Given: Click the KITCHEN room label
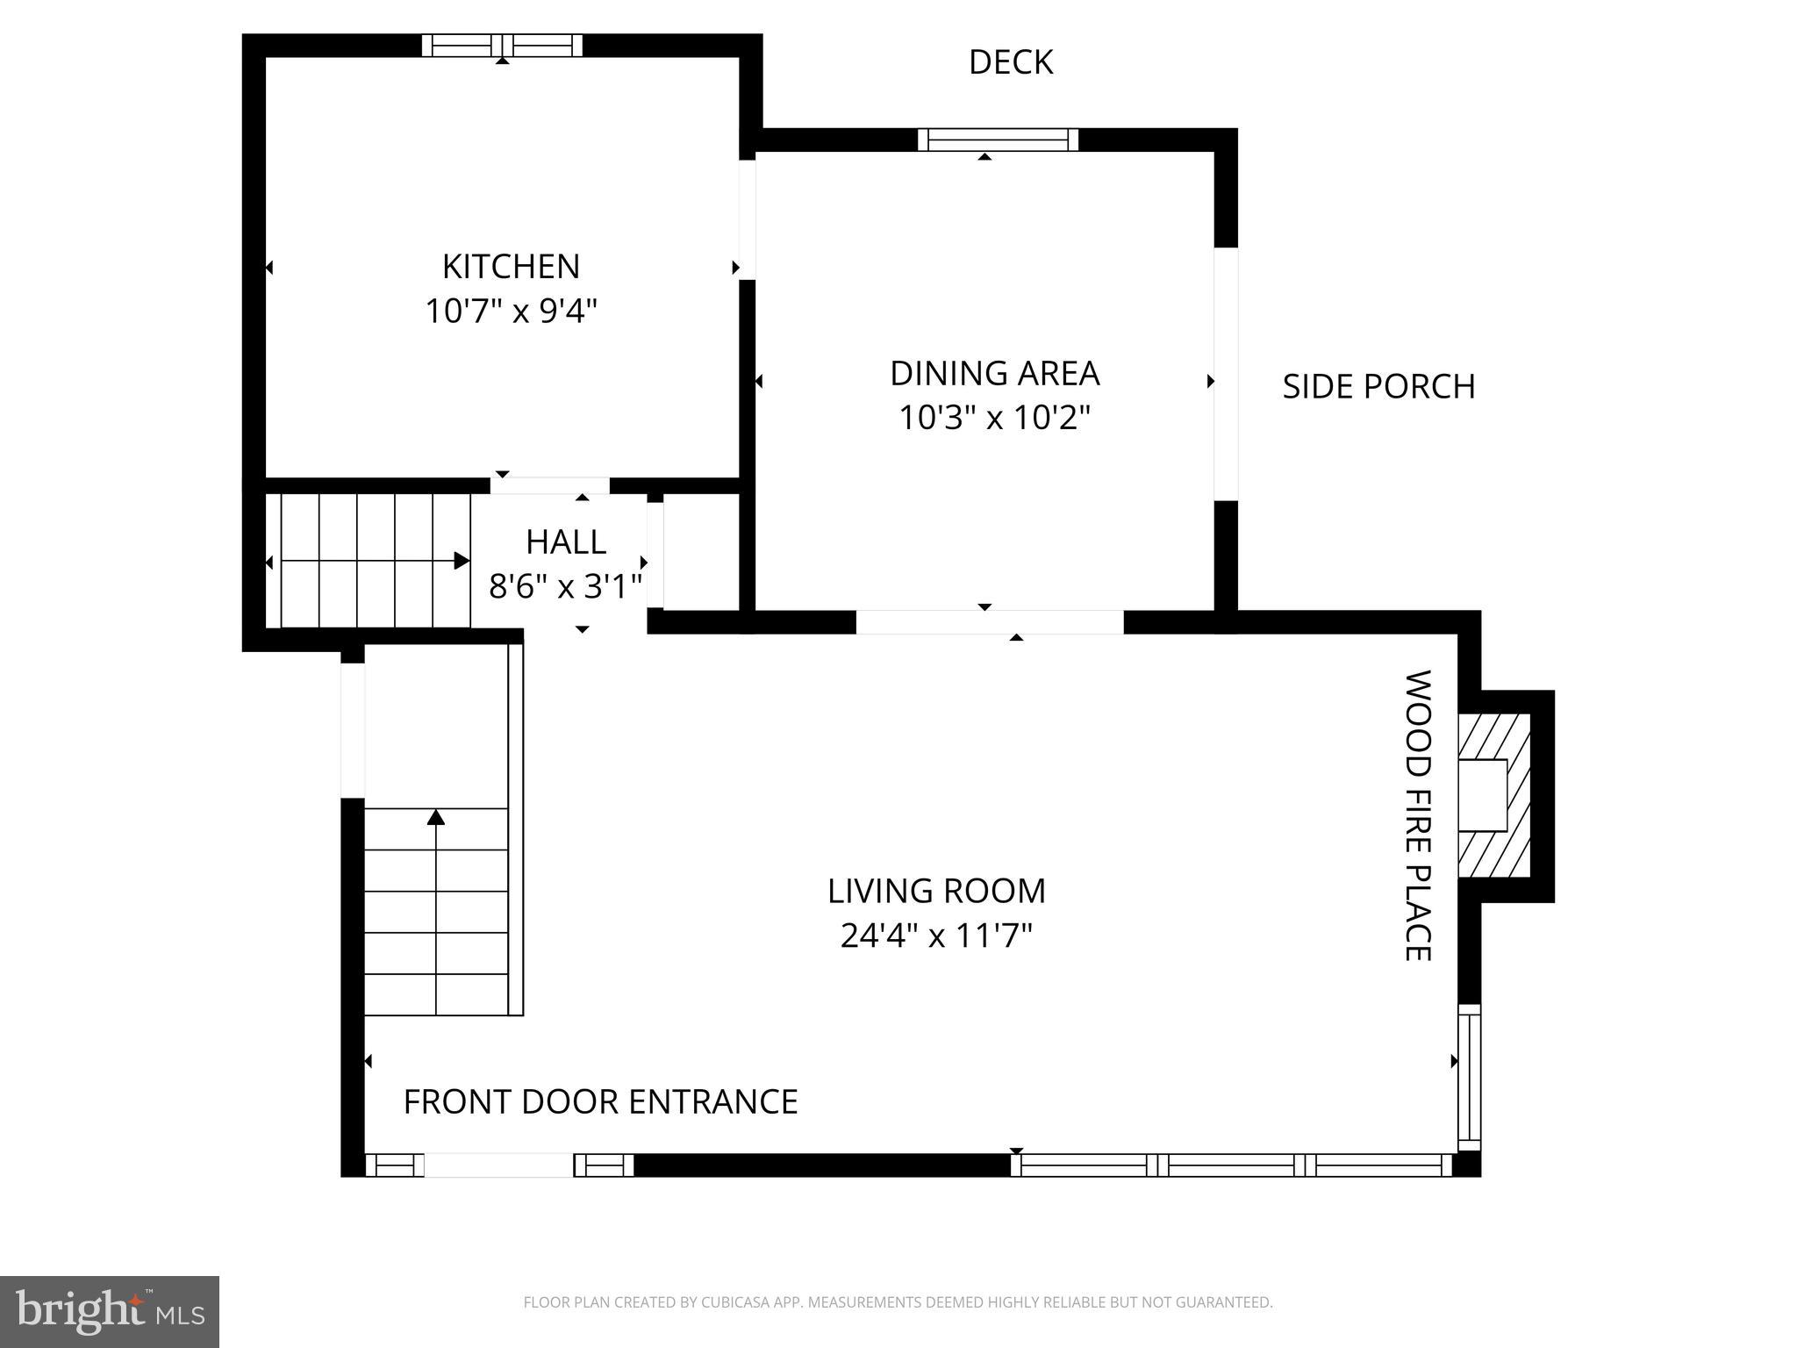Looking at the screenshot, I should (x=511, y=266).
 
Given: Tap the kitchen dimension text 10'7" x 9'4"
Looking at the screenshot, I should (x=511, y=311).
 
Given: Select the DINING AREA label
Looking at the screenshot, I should (x=994, y=373).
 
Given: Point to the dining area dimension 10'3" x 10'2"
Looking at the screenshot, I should (x=994, y=418).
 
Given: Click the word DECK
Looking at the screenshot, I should (x=1010, y=62).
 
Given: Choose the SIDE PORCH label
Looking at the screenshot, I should (x=1378, y=386).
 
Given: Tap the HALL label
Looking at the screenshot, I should (x=565, y=542).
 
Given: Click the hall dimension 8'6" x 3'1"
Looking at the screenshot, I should (x=565, y=586).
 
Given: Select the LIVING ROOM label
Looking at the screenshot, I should (x=936, y=891).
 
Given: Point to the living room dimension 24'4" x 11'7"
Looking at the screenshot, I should (x=936, y=936).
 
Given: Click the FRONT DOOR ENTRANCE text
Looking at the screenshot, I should (x=600, y=1101).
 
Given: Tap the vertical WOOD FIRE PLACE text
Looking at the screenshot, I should (x=1418, y=815).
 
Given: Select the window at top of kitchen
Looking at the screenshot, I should (x=502, y=46).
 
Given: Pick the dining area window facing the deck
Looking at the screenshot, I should (x=998, y=140).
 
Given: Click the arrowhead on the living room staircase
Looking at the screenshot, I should (x=436, y=817).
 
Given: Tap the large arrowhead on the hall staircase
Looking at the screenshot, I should (x=462, y=561).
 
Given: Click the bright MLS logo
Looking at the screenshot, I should (x=110, y=1311).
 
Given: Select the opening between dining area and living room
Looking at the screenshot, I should (x=989, y=621).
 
